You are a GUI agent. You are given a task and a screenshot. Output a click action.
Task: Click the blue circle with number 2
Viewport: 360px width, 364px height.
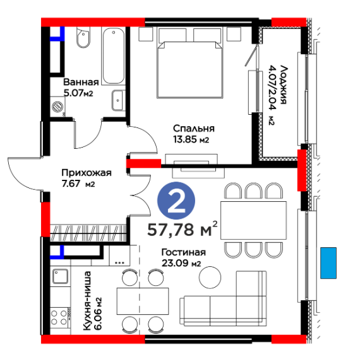tap(176, 201)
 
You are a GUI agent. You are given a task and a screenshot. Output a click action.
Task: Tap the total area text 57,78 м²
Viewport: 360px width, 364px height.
tap(183, 229)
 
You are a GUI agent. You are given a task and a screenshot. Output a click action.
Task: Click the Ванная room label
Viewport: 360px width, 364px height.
tap(81, 82)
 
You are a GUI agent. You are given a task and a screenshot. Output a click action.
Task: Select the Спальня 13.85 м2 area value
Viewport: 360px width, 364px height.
tap(191, 139)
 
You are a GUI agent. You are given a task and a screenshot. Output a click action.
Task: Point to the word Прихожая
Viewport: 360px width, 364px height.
tap(87, 173)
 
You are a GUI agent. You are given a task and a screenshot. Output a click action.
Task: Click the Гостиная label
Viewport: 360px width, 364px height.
tap(184, 252)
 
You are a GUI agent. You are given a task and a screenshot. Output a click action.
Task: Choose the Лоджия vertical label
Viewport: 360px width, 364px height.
tap(284, 85)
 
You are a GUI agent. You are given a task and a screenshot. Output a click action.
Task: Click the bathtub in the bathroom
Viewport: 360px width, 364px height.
tap(113, 56)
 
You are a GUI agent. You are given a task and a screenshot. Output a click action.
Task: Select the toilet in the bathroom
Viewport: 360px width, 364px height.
tap(83, 37)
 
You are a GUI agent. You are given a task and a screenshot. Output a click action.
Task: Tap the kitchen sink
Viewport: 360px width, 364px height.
tap(60, 276)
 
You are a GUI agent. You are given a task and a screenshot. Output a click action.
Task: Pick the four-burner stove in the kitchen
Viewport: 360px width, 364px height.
tap(59, 317)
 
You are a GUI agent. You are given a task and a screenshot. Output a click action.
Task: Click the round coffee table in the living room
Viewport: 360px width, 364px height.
tap(210, 278)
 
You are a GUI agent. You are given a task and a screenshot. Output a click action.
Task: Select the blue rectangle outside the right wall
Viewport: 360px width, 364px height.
tap(328, 263)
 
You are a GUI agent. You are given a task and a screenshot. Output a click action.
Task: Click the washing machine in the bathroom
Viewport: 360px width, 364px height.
tap(57, 107)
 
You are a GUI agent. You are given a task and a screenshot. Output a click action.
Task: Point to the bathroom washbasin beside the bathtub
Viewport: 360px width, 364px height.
tap(118, 100)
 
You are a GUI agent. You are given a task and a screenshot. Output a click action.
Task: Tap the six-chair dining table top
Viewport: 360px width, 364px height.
tap(253, 220)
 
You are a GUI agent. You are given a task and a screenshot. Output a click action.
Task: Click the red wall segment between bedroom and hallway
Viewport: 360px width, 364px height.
tap(144, 163)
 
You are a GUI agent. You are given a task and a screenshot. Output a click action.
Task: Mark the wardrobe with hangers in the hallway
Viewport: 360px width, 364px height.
tap(88, 233)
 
